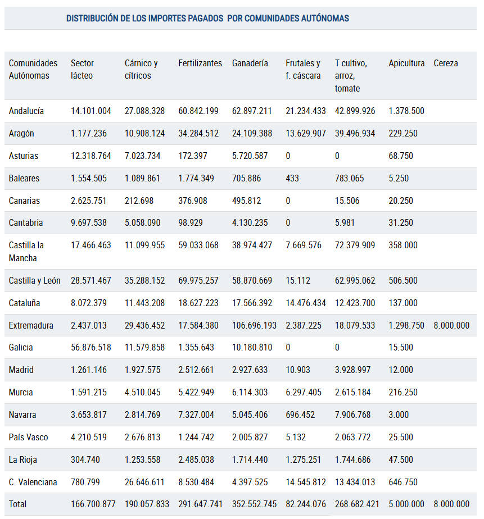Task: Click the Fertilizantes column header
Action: coord(200,63)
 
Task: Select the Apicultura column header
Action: coord(406,63)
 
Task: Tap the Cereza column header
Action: coord(446,63)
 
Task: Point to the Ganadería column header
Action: coord(250,63)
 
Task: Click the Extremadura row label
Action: coord(31,325)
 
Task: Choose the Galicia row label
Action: coord(21,347)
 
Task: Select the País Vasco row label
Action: coord(28,437)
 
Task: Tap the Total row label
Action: coord(17,504)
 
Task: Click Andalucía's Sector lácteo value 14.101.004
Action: coord(91,111)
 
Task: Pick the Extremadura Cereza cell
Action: coord(451,325)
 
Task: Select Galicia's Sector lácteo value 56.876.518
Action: coord(91,347)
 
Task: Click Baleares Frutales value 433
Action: coord(292,178)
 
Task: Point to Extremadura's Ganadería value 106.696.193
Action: coord(254,325)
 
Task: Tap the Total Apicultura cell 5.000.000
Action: coord(406,504)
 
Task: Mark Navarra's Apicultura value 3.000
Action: coord(399,415)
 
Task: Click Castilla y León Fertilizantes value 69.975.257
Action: coord(198,280)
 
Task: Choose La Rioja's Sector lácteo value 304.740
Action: coord(85,459)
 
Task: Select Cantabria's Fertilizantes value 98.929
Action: coord(191,222)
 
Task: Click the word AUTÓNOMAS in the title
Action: coord(325,18)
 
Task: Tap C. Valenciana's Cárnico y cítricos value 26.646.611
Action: coord(144,482)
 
